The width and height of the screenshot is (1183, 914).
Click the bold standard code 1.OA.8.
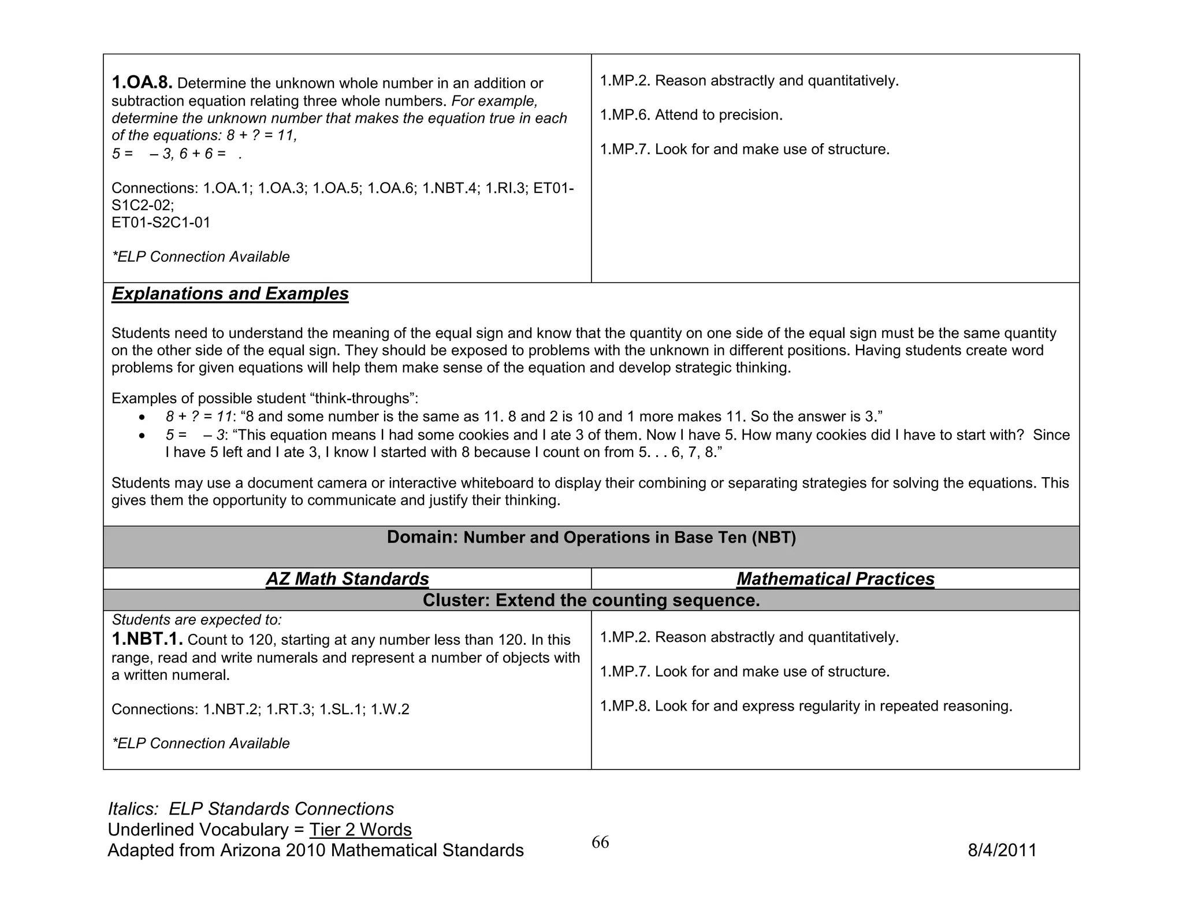[142, 83]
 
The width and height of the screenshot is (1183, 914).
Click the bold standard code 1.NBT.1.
[147, 639]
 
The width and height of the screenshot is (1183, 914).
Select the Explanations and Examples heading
[230, 293]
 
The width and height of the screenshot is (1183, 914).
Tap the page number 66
[600, 842]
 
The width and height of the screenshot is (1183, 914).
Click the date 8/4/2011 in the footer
[1002, 850]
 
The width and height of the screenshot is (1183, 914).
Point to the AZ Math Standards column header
[347, 578]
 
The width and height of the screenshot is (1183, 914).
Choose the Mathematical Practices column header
[835, 578]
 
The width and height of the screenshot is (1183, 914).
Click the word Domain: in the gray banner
[422, 537]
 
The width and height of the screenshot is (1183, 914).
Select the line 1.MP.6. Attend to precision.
[691, 115]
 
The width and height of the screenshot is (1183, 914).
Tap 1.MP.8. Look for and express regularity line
[806, 706]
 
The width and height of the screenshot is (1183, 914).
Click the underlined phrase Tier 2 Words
[360, 830]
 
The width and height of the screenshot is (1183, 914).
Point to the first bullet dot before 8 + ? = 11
[142, 418]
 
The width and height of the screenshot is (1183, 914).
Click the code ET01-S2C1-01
[161, 222]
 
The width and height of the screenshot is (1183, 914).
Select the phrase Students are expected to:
[196, 620]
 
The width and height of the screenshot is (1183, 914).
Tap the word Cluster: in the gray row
[456, 600]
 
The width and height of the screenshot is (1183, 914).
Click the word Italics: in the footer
[133, 808]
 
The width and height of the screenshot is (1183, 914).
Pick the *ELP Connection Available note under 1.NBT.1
[200, 743]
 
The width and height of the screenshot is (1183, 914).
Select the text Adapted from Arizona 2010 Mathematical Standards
[315, 850]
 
